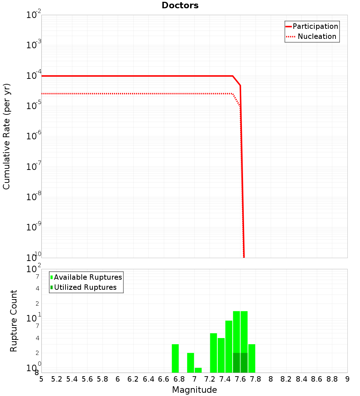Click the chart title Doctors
pos(180,5)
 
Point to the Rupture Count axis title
pos(14,321)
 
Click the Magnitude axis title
pos(194,390)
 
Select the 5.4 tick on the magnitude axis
pos(72,379)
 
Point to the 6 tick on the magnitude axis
pos(118,379)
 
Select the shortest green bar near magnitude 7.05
pos(198,370)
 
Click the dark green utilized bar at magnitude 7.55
pos(237,363)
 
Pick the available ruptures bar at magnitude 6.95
pos(190,363)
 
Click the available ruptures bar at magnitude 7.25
pos(213,353)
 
